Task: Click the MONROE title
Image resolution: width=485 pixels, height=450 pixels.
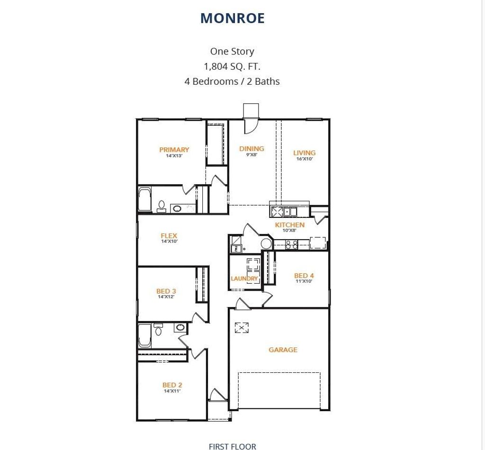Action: point(232,18)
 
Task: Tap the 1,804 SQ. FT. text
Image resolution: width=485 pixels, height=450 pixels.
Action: point(232,66)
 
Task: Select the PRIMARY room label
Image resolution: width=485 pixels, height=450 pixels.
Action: point(174,150)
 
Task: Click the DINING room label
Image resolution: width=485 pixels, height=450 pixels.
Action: point(251,149)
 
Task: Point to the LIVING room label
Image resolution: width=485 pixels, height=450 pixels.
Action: point(305,153)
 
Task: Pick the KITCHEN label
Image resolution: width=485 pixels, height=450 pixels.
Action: point(290,225)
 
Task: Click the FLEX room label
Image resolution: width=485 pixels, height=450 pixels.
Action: point(169,236)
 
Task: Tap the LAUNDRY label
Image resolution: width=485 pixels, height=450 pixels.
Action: point(244,279)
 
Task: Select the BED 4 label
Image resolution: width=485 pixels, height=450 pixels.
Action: point(304,275)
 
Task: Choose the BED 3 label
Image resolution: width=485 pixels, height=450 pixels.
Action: point(166,291)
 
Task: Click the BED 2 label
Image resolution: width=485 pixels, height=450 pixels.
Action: point(172,385)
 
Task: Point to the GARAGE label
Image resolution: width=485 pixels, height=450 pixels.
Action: point(283,350)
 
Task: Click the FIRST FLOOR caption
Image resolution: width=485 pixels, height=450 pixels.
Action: point(232,446)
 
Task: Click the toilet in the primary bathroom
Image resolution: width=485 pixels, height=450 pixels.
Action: point(161,206)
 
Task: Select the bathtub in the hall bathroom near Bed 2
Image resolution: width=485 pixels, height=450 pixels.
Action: point(144,336)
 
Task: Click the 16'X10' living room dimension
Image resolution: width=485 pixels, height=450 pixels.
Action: point(305,159)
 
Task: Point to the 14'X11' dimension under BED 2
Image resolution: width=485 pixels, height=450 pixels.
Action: point(172,391)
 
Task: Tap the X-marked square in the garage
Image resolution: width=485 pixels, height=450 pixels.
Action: point(242,328)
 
